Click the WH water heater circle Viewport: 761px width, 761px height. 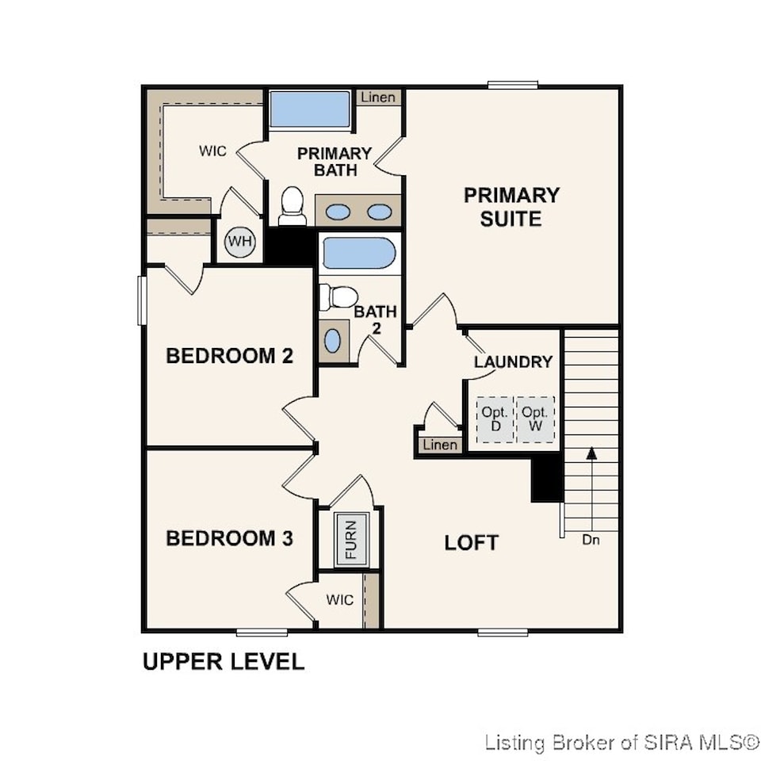240,242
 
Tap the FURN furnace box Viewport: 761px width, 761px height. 351,539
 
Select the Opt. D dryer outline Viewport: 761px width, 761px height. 495,420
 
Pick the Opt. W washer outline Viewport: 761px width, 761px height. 535,420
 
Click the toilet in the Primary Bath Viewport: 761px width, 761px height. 293,206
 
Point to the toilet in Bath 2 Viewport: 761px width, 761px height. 338,296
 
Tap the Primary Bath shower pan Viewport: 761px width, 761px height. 310,109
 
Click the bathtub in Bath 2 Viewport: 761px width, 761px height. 359,253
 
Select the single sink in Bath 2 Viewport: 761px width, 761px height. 332,341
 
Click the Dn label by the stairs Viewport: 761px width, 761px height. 591,540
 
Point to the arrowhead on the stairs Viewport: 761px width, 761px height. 591,453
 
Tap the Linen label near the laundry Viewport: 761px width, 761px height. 440,445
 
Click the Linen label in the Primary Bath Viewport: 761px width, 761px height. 378,97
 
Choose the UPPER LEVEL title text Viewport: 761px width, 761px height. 224,661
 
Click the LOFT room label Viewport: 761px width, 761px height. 471,542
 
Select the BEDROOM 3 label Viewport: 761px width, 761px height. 230,538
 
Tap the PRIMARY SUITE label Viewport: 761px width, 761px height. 511,207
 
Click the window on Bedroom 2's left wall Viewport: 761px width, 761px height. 142,300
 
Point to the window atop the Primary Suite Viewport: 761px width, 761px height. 513,86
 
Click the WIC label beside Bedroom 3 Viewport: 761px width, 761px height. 340,600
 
